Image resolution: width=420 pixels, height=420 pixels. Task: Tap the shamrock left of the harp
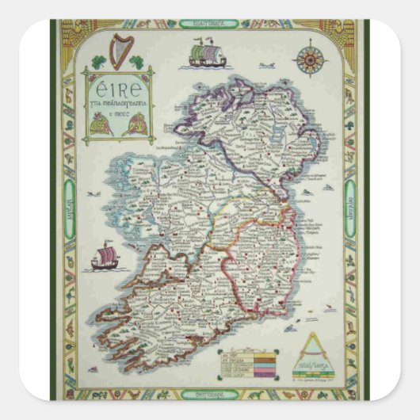pyautogui.click(x=98, y=61)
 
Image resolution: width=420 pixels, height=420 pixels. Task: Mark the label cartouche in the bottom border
pyautogui.click(x=209, y=393)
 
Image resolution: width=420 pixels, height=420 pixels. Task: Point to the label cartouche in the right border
pyautogui.click(x=349, y=208)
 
